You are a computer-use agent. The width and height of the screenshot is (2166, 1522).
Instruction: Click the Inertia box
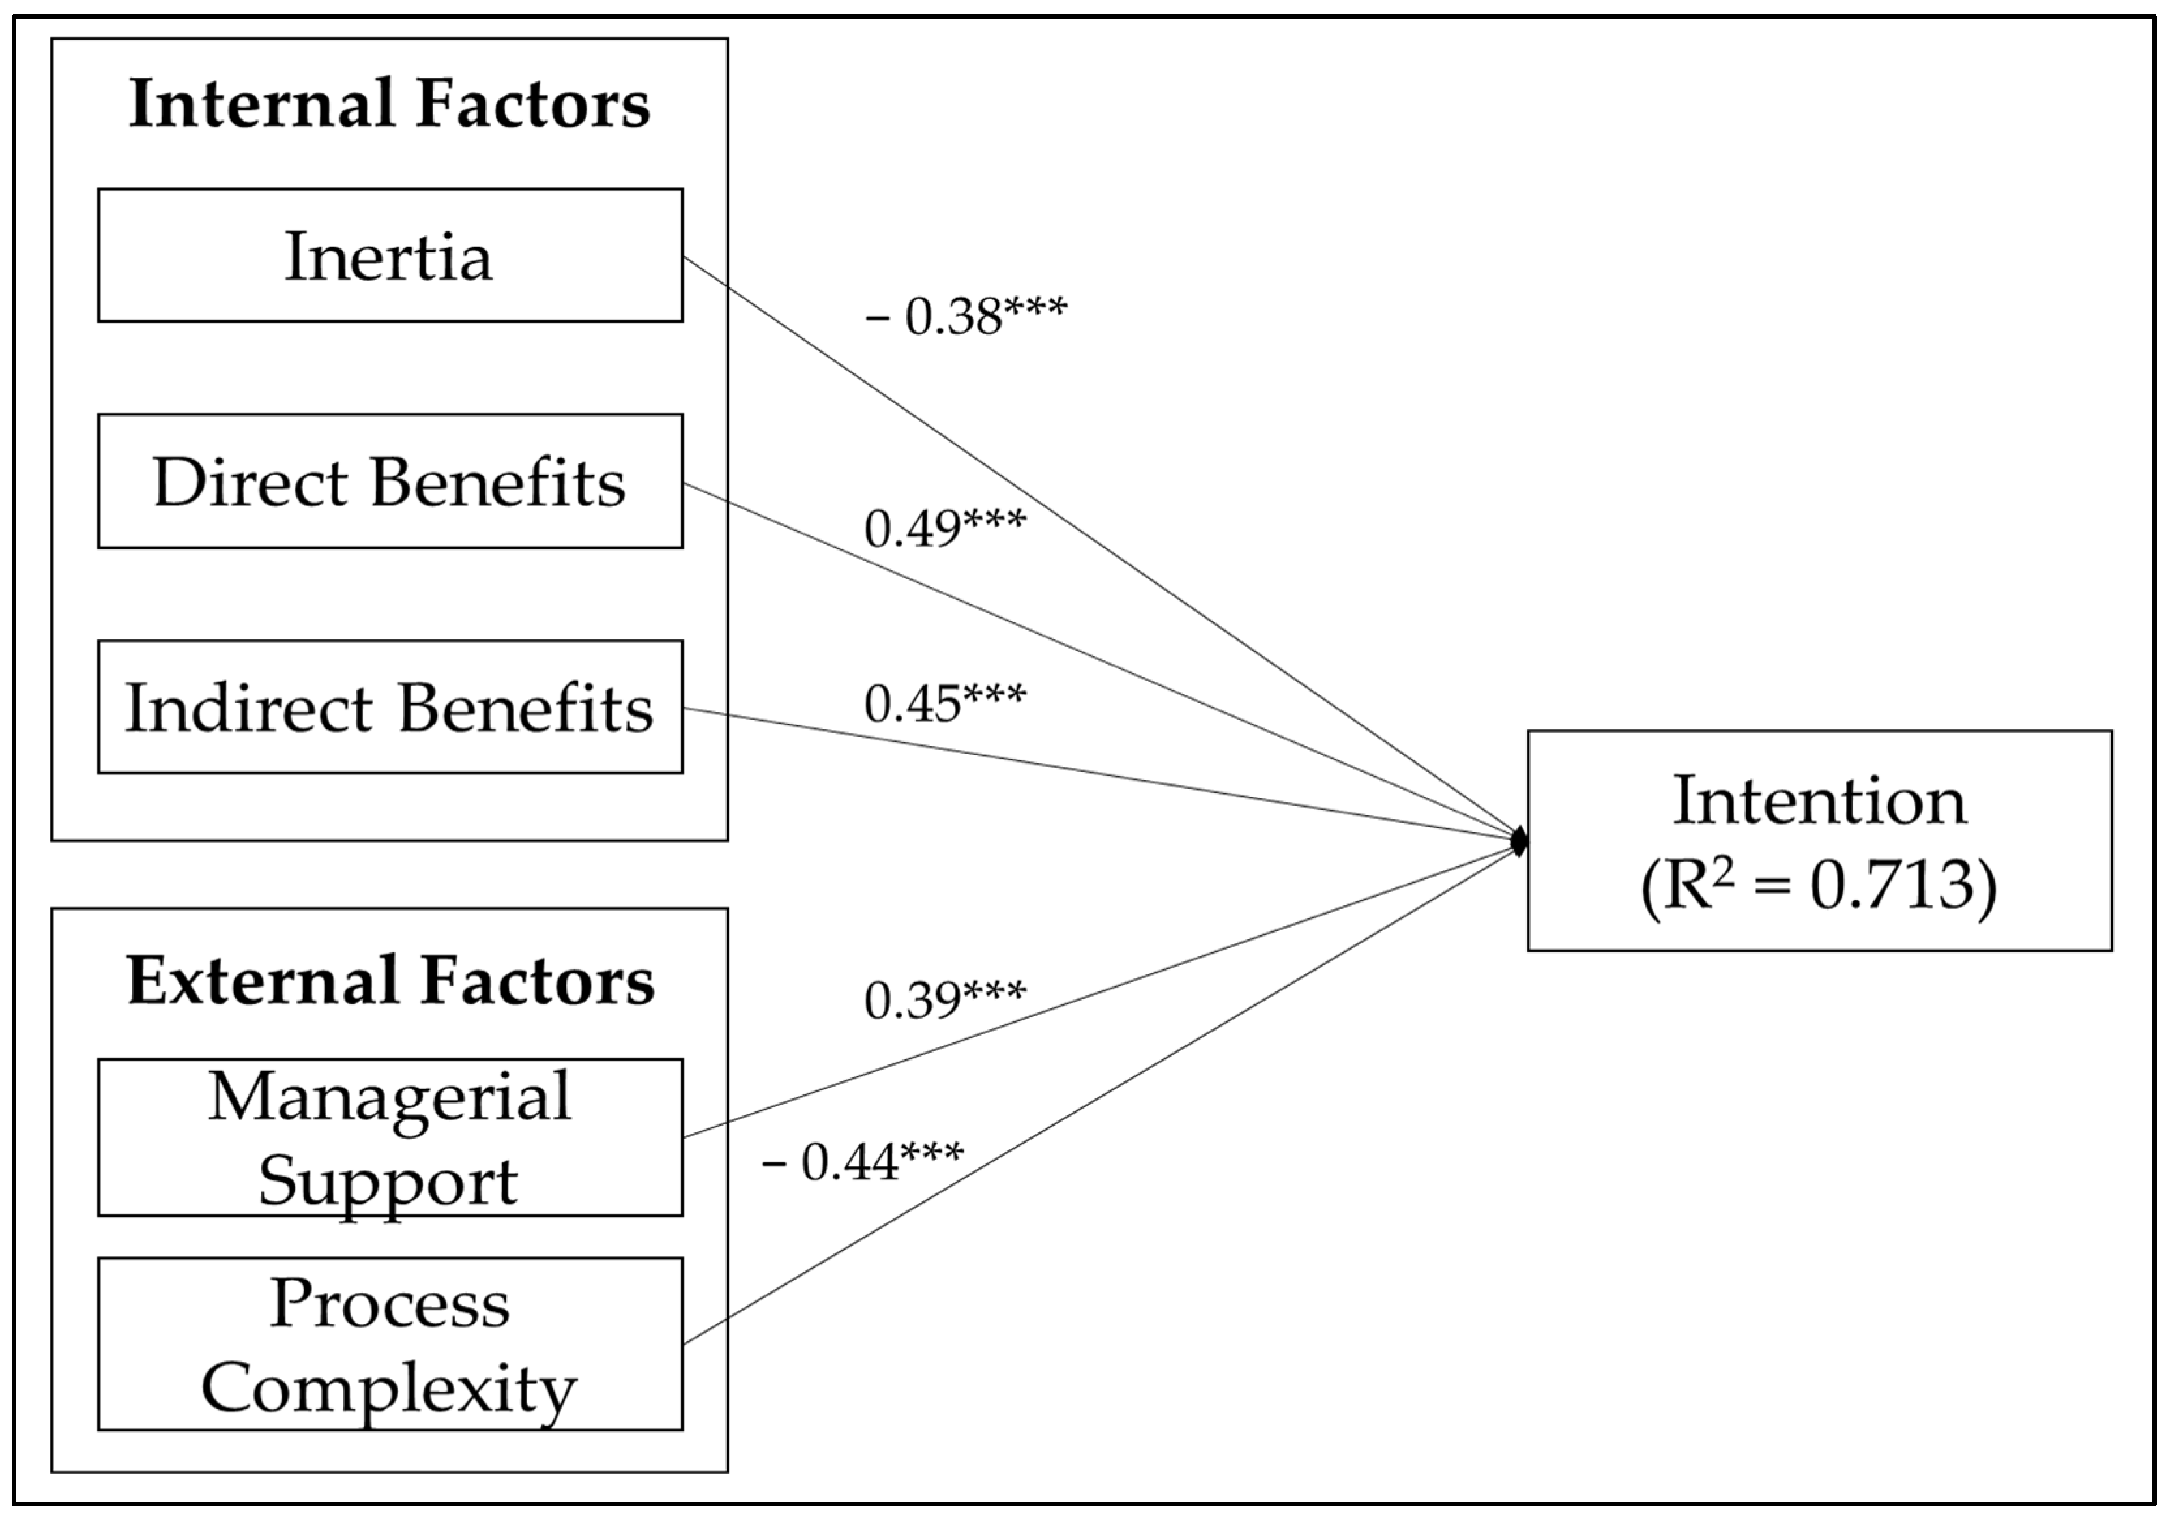point(390,256)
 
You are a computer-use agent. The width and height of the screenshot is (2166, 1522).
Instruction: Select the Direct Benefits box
point(390,481)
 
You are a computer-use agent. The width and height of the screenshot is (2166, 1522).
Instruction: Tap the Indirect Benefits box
point(390,708)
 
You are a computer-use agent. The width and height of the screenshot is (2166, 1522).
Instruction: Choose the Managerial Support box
point(390,1137)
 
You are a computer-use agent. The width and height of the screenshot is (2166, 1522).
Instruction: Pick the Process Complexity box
point(390,1343)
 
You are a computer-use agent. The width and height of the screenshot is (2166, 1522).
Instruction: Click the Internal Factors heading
point(390,104)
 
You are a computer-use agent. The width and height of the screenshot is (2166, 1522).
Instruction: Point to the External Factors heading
point(390,982)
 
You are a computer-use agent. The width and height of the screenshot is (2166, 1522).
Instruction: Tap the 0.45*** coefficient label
point(944,702)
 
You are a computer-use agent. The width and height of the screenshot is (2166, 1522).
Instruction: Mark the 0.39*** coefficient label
point(944,999)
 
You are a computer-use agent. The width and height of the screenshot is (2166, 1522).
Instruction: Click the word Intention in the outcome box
point(1819,800)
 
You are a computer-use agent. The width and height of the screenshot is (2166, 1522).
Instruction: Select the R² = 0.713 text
point(1819,885)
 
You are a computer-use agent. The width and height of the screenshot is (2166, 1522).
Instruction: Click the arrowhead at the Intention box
point(1519,840)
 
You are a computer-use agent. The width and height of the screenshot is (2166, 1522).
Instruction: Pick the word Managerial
point(390,1096)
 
